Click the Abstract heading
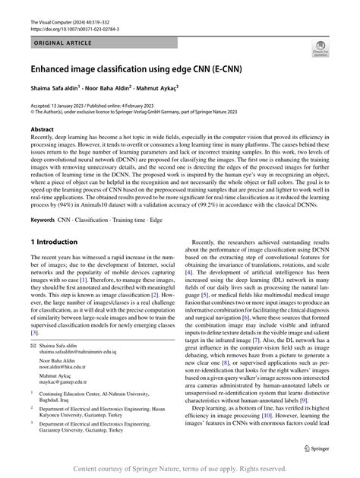[x=42, y=130]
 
